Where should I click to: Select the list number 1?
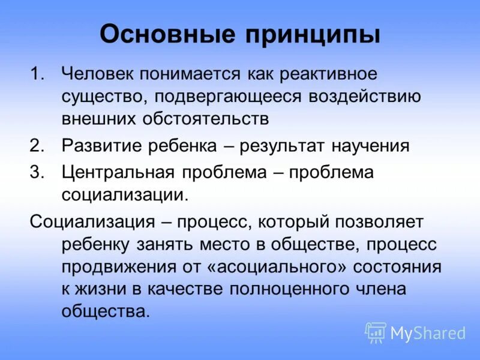37,75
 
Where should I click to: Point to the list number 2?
37,146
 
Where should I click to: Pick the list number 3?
37,172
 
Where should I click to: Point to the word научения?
370,146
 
